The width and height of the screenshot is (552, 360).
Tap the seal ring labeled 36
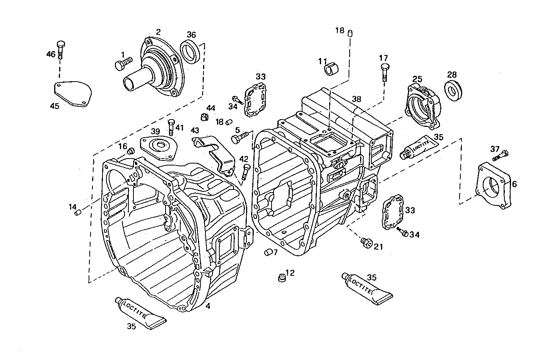point(191,51)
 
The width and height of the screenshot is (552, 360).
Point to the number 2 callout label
point(158,32)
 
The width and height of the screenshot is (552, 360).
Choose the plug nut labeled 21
point(366,242)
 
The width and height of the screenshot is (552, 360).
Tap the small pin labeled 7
point(267,253)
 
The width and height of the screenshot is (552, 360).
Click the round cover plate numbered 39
point(158,146)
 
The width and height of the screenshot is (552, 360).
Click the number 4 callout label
point(208,306)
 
